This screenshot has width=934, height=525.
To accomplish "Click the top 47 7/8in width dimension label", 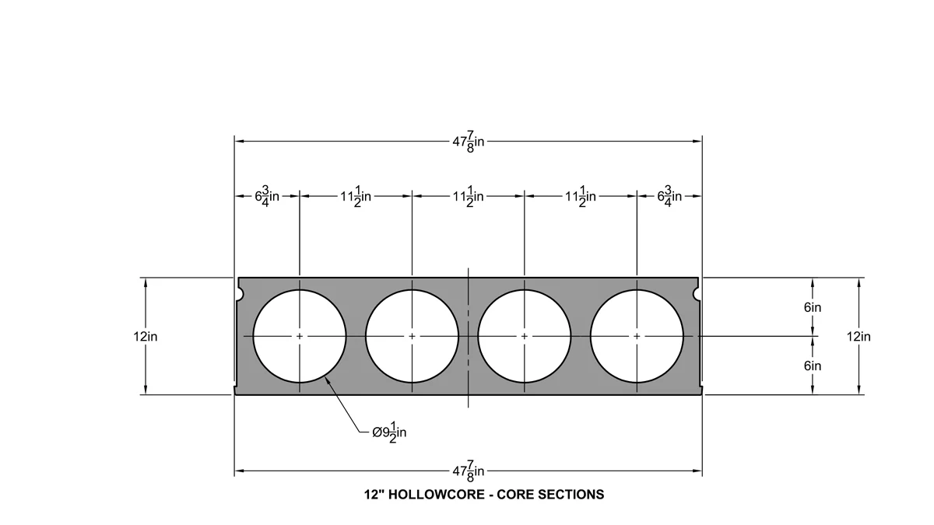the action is click(x=469, y=142).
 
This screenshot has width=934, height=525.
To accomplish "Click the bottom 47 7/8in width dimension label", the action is click(x=469, y=471).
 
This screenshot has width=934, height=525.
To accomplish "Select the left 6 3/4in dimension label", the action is click(x=267, y=196).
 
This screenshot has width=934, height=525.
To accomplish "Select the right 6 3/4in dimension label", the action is click(x=669, y=196).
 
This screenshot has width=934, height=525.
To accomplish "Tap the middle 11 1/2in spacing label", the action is click(x=469, y=196).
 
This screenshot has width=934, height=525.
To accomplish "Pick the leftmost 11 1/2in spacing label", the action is click(x=356, y=196).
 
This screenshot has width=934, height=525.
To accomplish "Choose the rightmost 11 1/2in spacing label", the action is click(x=581, y=196).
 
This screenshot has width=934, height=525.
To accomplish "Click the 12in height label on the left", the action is click(x=146, y=336).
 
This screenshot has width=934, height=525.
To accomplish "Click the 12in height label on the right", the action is click(x=859, y=336).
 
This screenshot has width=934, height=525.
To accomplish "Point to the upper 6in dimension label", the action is click(x=813, y=307).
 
